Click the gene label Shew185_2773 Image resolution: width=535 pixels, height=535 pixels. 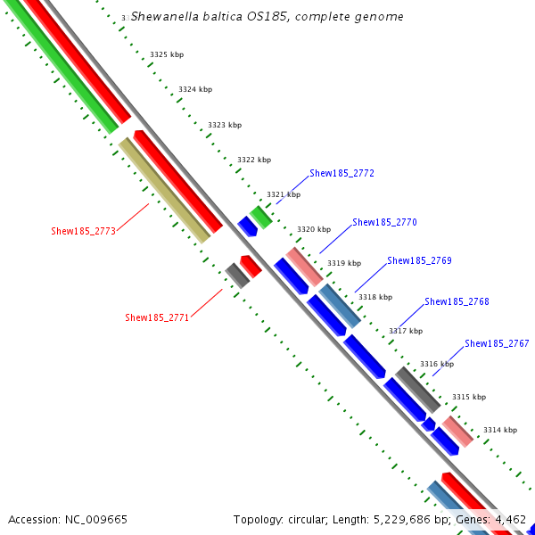83,231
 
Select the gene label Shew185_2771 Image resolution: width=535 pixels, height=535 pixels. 157,317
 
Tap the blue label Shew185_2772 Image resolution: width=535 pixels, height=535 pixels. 342,173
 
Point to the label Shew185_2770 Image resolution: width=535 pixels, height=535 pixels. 384,222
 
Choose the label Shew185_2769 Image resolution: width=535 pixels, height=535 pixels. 419,260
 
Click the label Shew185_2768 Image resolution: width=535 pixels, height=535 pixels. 457,301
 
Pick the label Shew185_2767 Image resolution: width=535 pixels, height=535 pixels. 497,343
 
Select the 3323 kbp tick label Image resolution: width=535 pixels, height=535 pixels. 225,126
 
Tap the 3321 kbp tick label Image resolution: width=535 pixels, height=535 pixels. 284,194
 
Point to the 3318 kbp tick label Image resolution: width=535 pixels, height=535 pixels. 374,297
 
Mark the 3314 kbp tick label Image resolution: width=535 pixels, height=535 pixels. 499,430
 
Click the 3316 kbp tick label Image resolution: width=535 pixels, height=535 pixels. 437,364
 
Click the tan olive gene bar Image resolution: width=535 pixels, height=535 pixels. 164,190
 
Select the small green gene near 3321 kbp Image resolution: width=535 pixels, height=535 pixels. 260,217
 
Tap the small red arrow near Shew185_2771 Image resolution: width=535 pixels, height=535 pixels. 251,265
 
